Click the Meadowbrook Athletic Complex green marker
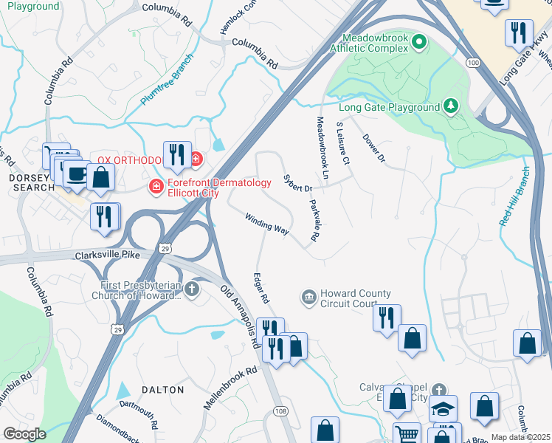(420, 41)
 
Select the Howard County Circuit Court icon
(308, 298)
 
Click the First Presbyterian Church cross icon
(193, 289)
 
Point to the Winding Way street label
(266, 224)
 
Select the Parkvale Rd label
(314, 221)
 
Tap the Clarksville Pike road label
(108, 255)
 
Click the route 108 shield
(280, 410)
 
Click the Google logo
(24, 434)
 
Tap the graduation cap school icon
(443, 408)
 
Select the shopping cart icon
(407, 433)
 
